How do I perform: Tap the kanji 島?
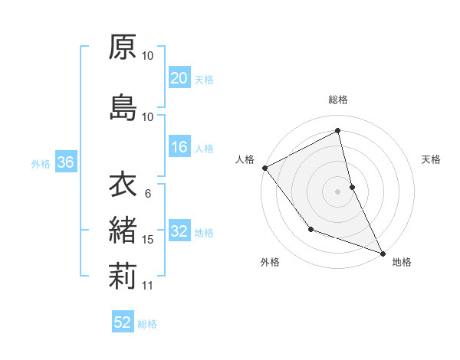(122, 107)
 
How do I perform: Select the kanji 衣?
(122, 185)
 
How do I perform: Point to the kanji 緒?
(122, 230)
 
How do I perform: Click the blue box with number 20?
(179, 78)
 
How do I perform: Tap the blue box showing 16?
(179, 147)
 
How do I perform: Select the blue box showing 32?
(179, 232)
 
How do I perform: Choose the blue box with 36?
(65, 162)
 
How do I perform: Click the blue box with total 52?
(123, 322)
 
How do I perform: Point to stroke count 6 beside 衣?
(147, 194)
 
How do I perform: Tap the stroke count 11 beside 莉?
(148, 286)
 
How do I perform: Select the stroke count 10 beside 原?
(148, 56)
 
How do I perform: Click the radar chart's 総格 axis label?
(338, 100)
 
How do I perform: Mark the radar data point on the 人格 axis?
(264, 168)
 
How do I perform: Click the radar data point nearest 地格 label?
(383, 253)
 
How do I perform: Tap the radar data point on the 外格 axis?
(310, 229)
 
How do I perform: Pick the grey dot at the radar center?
(338, 191)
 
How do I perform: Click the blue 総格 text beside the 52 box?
(147, 324)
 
